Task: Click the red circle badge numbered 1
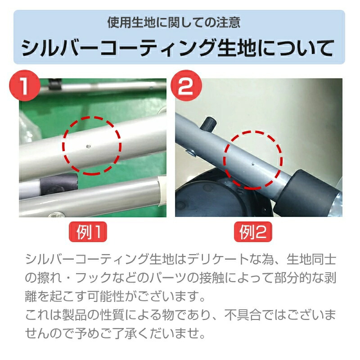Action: (x=25, y=85)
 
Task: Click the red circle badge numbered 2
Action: (x=186, y=85)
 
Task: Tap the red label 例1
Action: (x=88, y=232)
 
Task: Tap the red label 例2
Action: (x=253, y=232)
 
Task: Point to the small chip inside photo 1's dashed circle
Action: (x=88, y=146)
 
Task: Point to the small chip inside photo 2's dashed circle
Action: (x=253, y=164)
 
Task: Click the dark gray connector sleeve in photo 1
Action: (x=59, y=183)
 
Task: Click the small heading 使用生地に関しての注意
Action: (x=174, y=22)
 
